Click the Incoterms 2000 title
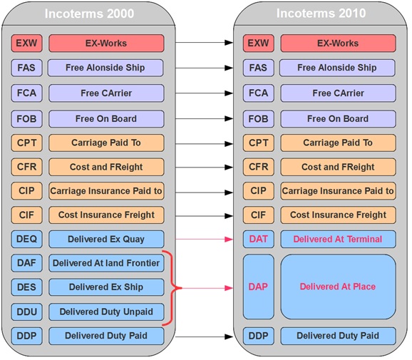coord(89,14)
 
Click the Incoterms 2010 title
coord(321,13)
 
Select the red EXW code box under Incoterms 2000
coord(27,43)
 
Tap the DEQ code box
coord(27,239)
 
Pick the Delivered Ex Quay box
coord(106,239)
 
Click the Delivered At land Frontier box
coord(106,263)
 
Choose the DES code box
coord(27,287)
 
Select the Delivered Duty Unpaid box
coord(106,312)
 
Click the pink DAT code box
coord(259,239)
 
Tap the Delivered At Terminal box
coord(338,239)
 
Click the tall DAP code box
coord(259,287)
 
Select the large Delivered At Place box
coord(338,287)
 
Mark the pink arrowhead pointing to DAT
coord(229,239)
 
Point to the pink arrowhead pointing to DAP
coord(229,288)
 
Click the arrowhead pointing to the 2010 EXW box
coord(229,42)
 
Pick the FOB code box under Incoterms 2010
coord(259,119)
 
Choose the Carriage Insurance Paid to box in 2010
coord(338,191)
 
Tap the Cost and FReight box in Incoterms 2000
coord(106,167)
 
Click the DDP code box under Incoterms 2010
coord(259,336)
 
